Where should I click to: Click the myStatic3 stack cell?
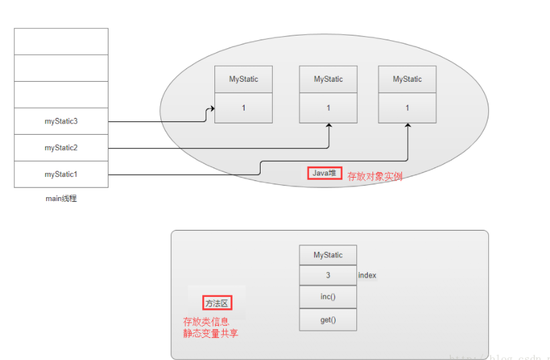pyautogui.click(x=61, y=121)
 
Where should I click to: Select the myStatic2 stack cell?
pyautogui.click(x=61, y=147)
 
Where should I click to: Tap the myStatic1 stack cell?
pyautogui.click(x=61, y=174)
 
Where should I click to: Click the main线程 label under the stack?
pyautogui.click(x=61, y=198)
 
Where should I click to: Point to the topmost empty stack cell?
pyautogui.click(x=61, y=42)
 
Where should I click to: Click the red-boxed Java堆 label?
pyautogui.click(x=325, y=174)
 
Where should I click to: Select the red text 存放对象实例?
pyautogui.click(x=374, y=176)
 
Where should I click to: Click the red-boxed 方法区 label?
pyautogui.click(x=216, y=303)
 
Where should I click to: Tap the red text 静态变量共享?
pyautogui.click(x=210, y=333)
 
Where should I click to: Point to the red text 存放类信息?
pyautogui.click(x=206, y=322)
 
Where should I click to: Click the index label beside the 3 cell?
pyautogui.click(x=367, y=276)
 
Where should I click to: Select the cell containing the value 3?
pyautogui.click(x=328, y=276)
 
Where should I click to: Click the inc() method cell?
pyautogui.click(x=328, y=297)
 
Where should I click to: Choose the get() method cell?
pyautogui.click(x=328, y=320)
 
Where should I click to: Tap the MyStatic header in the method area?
pyautogui.click(x=328, y=255)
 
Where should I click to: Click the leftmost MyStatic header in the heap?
pyautogui.click(x=243, y=79)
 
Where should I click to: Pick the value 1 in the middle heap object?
pyautogui.click(x=328, y=108)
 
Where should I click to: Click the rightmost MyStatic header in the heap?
pyautogui.click(x=407, y=79)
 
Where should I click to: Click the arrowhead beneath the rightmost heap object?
pyautogui.click(x=407, y=127)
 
